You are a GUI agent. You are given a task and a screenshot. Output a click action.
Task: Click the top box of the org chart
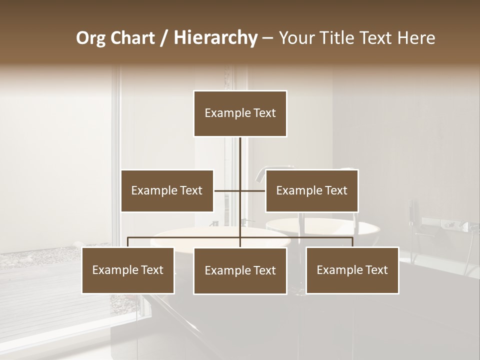click(x=240, y=113)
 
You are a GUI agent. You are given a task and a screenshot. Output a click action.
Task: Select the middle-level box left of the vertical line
click(x=167, y=190)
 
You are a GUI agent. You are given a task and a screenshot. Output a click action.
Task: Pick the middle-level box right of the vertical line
click(x=311, y=190)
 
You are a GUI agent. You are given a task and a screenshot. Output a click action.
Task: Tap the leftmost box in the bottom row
click(x=128, y=270)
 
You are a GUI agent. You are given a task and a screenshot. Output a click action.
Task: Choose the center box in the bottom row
click(x=240, y=270)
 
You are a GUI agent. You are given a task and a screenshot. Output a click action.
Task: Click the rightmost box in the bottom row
click(x=352, y=270)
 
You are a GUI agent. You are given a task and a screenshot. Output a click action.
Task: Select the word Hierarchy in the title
click(x=215, y=38)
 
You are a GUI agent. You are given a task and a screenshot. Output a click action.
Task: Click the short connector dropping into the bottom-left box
click(x=128, y=242)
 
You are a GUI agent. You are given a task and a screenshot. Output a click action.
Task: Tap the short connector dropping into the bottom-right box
click(x=352, y=242)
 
